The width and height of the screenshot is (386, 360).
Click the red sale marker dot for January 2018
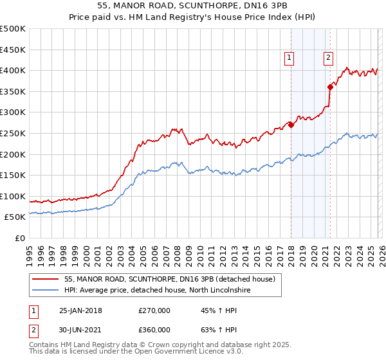[x=291, y=125]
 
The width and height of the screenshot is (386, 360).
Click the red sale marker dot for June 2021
[x=330, y=87]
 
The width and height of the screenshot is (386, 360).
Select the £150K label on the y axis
[x=13, y=175]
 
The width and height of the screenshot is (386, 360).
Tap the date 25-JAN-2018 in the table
[x=80, y=310]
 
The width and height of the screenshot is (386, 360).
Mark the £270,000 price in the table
[x=154, y=310]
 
